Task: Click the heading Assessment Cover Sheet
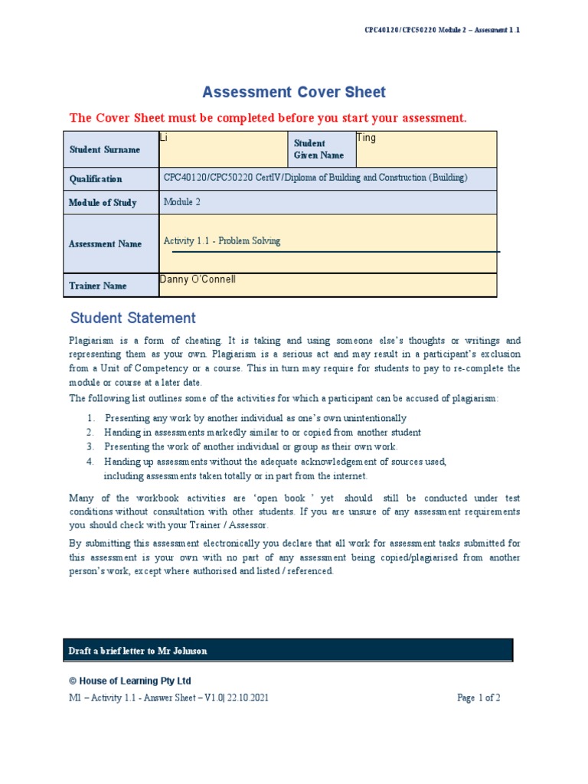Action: tap(294, 93)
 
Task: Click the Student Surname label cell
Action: tap(105, 150)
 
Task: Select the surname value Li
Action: tap(163, 138)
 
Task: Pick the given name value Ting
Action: tap(366, 138)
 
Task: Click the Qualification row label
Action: tap(96, 179)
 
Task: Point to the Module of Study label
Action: tap(103, 203)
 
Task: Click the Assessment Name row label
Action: tap(105, 244)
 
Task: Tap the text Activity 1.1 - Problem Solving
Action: tap(222, 241)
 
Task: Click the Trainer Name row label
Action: tap(98, 286)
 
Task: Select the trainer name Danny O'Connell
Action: tap(198, 279)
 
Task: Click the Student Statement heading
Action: tap(132, 318)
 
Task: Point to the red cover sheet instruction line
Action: tap(267, 118)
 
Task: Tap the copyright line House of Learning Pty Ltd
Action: tap(130, 681)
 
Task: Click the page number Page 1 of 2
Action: tap(479, 698)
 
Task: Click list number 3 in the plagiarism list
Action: tap(90, 446)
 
